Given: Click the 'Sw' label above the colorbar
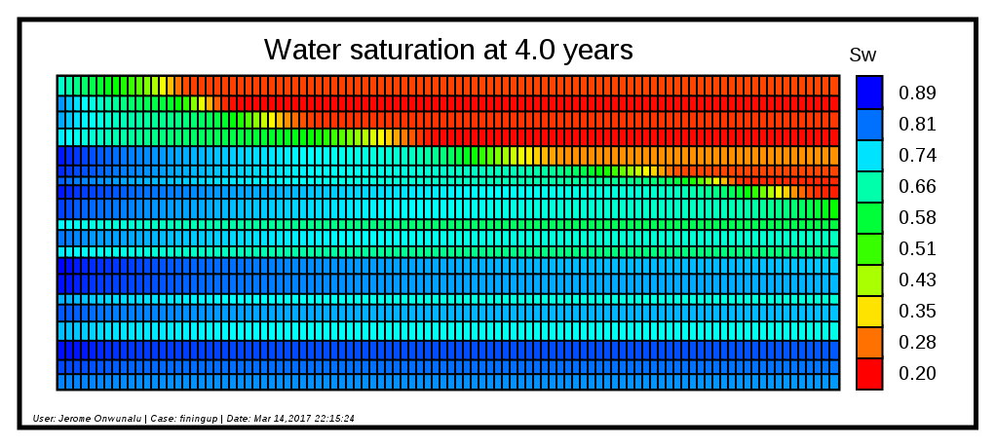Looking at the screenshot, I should (862, 56).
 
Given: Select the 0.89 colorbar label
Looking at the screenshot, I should (917, 93).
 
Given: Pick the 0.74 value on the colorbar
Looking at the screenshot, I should (917, 156).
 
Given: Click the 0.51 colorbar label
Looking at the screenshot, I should (917, 249).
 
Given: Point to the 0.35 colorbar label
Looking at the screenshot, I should (917, 312).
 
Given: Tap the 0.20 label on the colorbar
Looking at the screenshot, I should (917, 374).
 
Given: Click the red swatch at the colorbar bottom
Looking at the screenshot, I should (869, 374).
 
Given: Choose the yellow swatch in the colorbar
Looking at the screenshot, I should (869, 312).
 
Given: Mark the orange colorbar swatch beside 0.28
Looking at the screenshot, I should (869, 343).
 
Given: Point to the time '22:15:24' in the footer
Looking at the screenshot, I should (330, 419).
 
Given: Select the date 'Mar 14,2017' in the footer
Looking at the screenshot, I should (278, 419).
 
